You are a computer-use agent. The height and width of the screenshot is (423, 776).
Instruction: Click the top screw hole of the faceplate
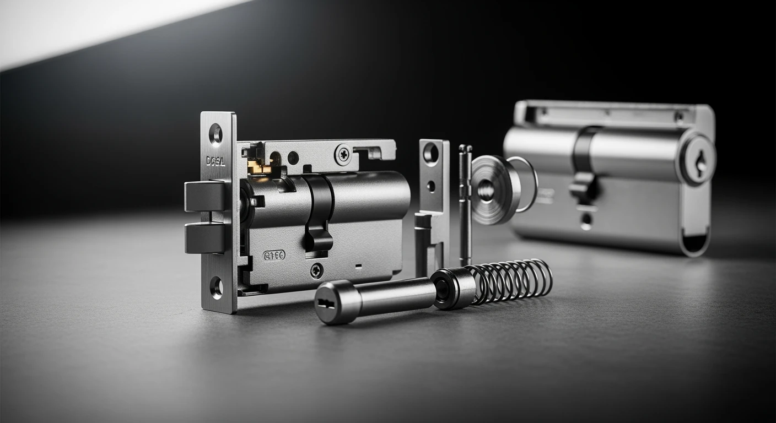(215, 134)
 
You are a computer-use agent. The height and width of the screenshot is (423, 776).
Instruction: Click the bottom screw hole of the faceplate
(216, 287)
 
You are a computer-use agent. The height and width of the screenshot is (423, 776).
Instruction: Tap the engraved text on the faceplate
(215, 161)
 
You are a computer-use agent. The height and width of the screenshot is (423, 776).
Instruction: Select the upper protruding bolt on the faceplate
(204, 196)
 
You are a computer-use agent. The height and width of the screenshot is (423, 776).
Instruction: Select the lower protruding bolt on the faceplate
(204, 238)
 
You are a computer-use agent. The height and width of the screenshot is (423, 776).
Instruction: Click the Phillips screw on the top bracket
(343, 155)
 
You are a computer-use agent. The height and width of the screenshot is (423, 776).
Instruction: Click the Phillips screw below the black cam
(316, 270)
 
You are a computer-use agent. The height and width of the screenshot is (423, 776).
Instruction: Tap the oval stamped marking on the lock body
(274, 255)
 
